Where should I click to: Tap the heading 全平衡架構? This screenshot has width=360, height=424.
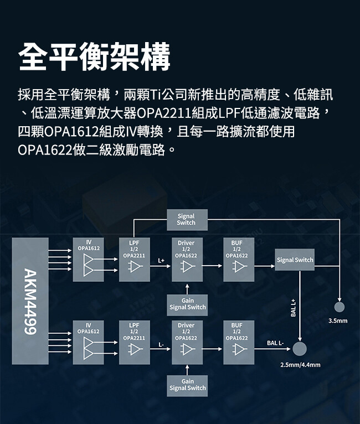tap(94, 56)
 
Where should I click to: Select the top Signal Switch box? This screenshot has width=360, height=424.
tap(186, 219)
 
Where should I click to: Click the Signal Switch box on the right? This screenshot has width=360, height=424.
tap(295, 260)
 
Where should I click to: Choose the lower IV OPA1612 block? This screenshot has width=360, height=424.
tap(89, 342)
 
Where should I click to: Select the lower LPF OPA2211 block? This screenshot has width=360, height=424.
tap(134, 342)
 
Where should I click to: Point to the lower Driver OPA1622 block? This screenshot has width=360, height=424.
tap(187, 342)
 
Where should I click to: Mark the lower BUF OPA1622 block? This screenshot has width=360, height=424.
tap(239, 342)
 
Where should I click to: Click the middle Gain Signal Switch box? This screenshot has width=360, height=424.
tap(187, 304)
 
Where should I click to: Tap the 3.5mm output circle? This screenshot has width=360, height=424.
tap(340, 307)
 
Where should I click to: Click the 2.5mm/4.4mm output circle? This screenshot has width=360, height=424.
tap(300, 349)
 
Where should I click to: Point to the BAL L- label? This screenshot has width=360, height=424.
tap(275, 344)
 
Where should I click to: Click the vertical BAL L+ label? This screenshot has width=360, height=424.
tap(294, 308)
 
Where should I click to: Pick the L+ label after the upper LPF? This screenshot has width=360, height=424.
tap(161, 260)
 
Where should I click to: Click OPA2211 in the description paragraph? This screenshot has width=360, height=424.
tap(164, 115)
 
